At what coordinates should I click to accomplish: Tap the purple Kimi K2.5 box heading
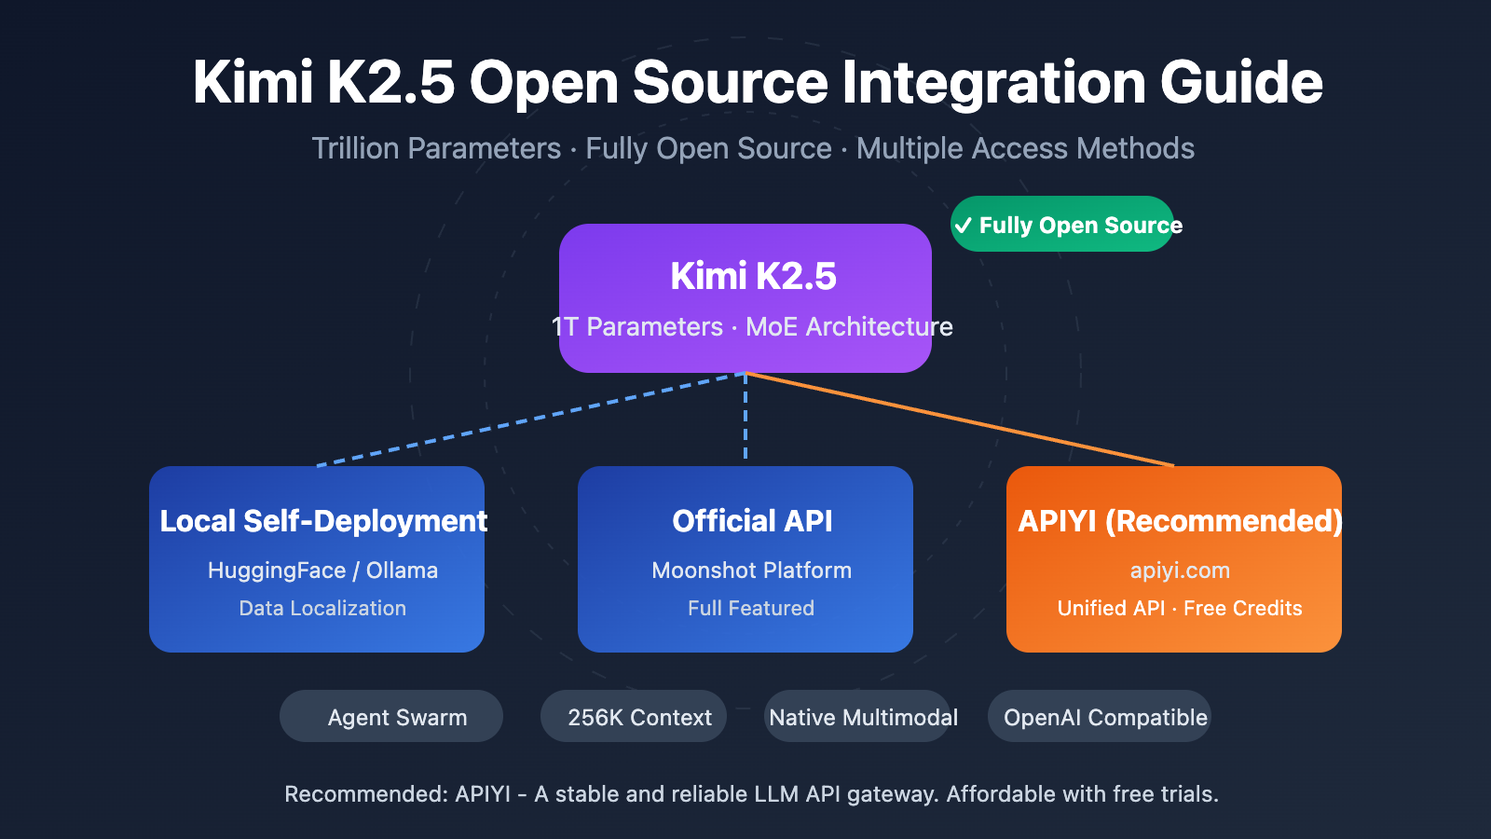(753, 276)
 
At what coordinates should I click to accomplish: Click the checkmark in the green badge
(964, 226)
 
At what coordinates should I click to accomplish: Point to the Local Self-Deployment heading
(322, 520)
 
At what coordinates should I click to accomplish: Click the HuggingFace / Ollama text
(322, 571)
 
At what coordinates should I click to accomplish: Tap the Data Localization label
(322, 608)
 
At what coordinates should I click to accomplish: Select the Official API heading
(752, 520)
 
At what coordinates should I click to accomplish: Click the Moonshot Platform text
(751, 571)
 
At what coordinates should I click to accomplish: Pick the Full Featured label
(751, 608)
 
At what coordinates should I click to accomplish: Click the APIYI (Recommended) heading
(1180, 520)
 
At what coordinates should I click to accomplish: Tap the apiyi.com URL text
(1180, 571)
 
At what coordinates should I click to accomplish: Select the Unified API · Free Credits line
(1180, 608)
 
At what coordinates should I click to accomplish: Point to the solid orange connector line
(960, 419)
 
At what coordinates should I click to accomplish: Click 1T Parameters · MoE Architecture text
(752, 327)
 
